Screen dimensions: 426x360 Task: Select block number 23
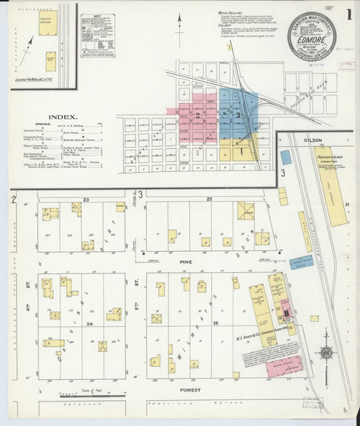click(85, 199)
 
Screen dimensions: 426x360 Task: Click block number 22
click(210, 199)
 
